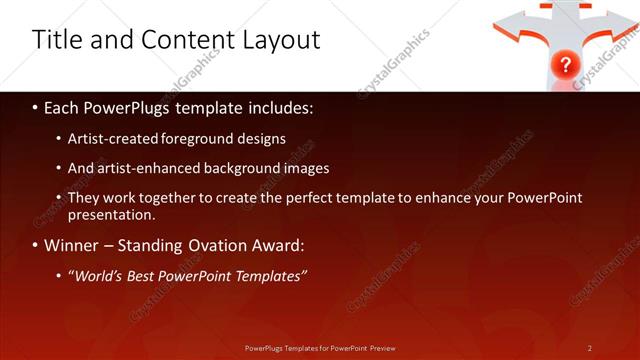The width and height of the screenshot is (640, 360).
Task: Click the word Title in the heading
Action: (x=57, y=40)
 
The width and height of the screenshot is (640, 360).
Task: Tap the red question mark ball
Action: (x=565, y=65)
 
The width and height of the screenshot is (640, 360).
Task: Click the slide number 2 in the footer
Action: (x=590, y=347)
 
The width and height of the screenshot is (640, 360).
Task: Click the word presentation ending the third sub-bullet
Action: (x=111, y=215)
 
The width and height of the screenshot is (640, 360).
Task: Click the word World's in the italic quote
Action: (x=98, y=275)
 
